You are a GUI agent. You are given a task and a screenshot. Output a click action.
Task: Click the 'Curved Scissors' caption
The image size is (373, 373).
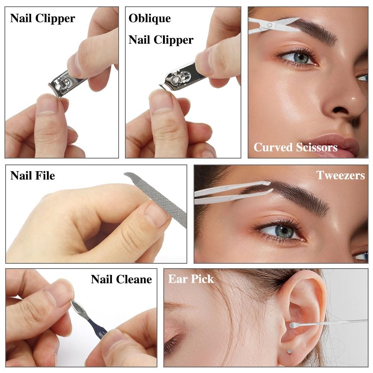tap(295, 147)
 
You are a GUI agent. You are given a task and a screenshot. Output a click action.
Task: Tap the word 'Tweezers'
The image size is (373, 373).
tap(341, 175)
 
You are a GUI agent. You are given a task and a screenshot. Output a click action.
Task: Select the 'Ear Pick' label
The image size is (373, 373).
tap(191, 279)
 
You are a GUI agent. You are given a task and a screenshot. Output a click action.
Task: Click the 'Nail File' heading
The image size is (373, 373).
tap(32, 176)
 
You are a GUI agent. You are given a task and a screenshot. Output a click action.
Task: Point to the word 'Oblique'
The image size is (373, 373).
tap(150, 18)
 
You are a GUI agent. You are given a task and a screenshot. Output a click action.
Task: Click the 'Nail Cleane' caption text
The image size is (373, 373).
tap(121, 279)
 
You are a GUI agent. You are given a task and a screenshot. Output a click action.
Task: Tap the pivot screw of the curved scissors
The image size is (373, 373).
tap(270, 25)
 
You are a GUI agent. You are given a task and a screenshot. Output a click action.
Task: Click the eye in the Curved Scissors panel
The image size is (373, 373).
tap(298, 57)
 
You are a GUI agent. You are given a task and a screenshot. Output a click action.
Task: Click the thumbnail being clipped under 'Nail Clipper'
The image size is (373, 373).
tap(48, 103)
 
